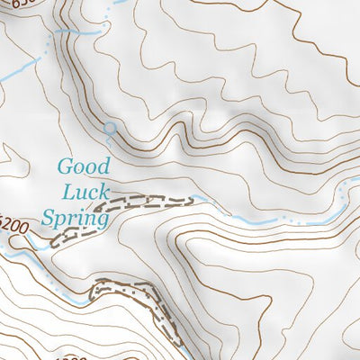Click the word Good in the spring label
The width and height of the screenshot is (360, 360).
83,166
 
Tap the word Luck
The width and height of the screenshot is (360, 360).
85,190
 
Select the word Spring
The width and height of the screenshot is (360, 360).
75,215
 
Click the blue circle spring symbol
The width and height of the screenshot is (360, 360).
110,129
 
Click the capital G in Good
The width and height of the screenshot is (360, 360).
65,166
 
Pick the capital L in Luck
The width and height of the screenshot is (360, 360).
70,190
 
